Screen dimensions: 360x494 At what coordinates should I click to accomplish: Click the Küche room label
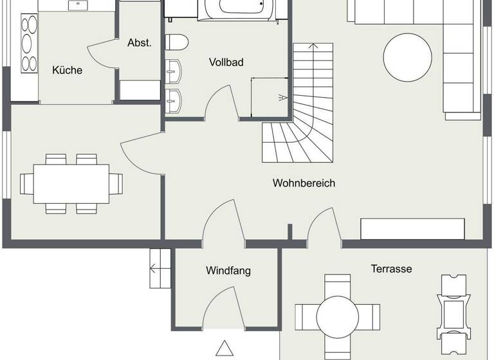[x=68, y=70]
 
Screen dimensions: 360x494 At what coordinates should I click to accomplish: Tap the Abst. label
[x=140, y=43]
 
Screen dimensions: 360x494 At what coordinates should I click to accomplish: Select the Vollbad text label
[x=226, y=62]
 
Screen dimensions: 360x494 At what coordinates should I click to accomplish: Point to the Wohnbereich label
[x=304, y=183]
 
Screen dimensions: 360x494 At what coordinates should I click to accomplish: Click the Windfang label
[x=228, y=271]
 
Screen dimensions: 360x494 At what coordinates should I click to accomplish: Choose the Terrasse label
[x=391, y=269]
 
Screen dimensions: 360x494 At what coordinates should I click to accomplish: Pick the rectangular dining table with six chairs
[x=71, y=183]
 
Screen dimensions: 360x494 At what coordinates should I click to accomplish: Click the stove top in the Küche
[x=30, y=42]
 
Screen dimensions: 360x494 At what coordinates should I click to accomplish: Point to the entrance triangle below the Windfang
[x=224, y=349]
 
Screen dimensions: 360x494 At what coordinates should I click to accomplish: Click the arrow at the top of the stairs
[x=313, y=47]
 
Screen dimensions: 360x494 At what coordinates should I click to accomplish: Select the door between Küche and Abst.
[x=102, y=55]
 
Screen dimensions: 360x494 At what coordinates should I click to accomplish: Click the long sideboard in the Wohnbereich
[x=412, y=229]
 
